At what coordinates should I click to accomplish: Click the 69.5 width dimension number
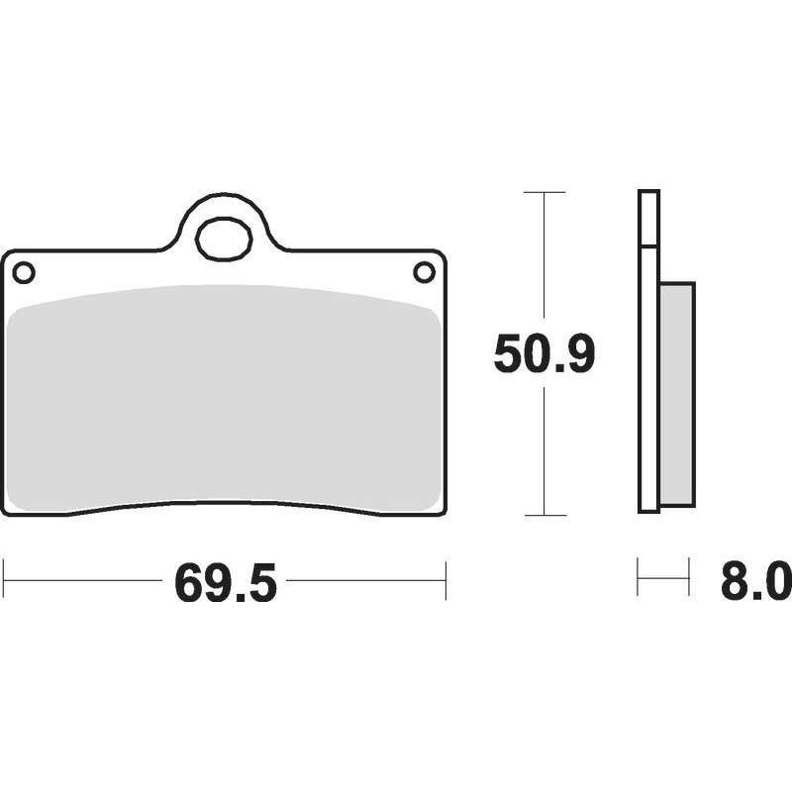pyautogui.click(x=226, y=583)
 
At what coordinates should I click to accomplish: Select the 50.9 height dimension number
pyautogui.click(x=544, y=354)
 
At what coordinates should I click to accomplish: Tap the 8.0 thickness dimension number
pyautogui.click(x=756, y=582)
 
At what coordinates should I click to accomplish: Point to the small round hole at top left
pyautogui.click(x=24, y=273)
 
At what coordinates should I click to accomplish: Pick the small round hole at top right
pyautogui.click(x=425, y=272)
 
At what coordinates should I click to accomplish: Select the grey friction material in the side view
pyautogui.click(x=677, y=394)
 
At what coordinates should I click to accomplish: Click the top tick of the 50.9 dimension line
pyautogui.click(x=544, y=192)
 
